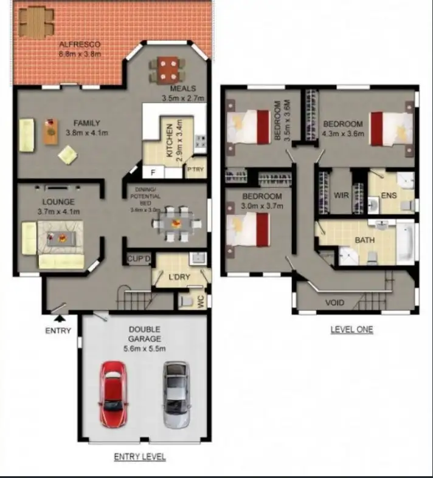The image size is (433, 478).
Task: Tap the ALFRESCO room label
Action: click(79, 45)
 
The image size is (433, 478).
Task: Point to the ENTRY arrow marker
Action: click(59, 317)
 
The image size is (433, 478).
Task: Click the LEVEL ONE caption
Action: click(352, 330)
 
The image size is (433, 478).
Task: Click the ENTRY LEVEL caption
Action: click(140, 457)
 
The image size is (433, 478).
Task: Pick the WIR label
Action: click(341, 196)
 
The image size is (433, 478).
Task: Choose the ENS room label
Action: click(389, 196)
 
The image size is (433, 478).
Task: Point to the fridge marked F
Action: click(153, 172)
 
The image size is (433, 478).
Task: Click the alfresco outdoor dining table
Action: click(33, 21)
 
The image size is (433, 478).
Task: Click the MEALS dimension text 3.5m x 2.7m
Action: click(182, 98)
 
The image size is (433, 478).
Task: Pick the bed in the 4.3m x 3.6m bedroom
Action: click(391, 129)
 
